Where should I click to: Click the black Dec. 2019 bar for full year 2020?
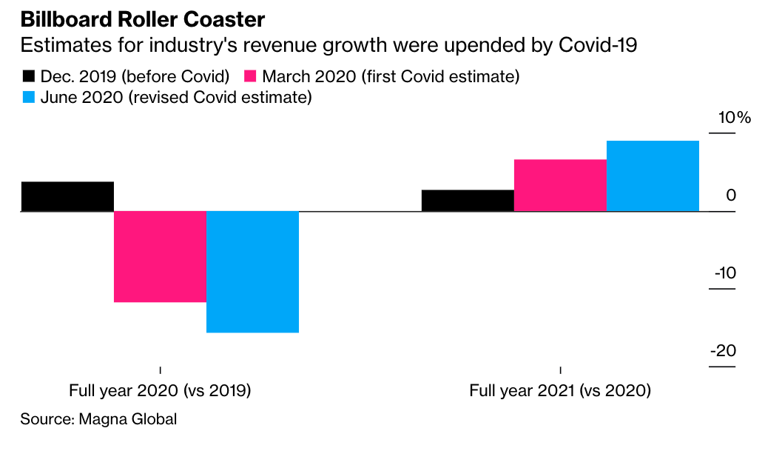(67, 196)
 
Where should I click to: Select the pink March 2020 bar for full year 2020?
(160, 256)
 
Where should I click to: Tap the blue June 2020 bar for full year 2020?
(252, 272)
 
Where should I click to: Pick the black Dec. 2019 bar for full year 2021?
(468, 201)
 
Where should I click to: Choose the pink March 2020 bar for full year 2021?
(560, 185)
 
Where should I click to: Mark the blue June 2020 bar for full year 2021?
(653, 176)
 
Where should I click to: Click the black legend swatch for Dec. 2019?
(29, 76)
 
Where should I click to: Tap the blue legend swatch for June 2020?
(29, 98)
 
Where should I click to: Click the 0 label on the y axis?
(731, 196)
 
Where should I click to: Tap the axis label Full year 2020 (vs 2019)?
(160, 390)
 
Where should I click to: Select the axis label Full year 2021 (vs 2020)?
(560, 390)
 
